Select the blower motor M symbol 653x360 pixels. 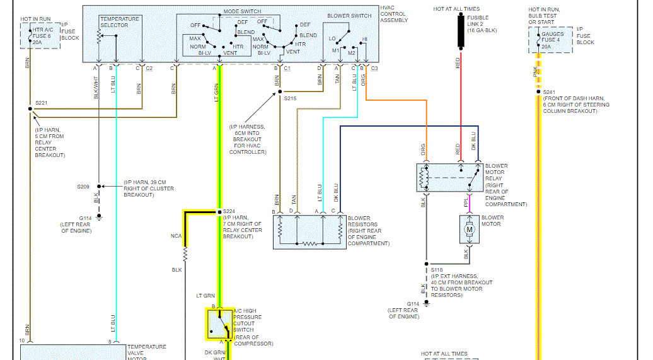point(469,229)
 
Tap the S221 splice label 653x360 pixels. point(42,102)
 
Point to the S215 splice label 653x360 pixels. point(291,98)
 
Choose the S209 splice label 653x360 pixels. point(83,187)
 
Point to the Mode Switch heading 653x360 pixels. point(242,12)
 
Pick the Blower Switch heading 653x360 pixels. point(349,16)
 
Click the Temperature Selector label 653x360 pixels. point(119,22)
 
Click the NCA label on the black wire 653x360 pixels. point(176,236)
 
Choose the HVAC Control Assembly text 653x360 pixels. point(393,14)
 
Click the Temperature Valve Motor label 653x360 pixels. point(147,352)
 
